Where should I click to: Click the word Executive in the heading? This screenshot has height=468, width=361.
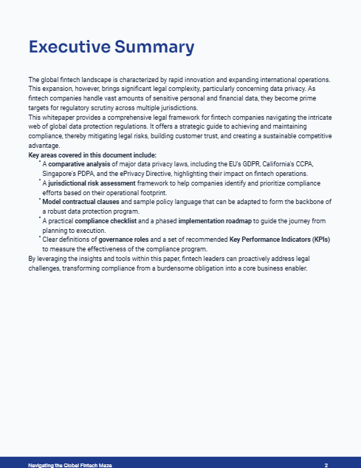(x=69, y=48)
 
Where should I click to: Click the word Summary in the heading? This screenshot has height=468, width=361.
(x=154, y=48)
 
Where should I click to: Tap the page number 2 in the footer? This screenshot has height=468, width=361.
(x=326, y=464)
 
